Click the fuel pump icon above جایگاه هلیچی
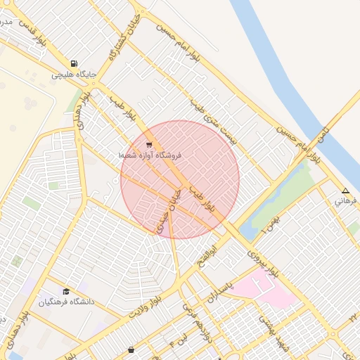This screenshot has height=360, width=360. coord(74,63)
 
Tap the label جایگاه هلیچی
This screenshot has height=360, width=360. coord(73,74)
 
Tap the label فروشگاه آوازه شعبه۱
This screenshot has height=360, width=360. coord(149,155)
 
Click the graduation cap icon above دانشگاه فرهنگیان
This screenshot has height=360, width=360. coord(66,291)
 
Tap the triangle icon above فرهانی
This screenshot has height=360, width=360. coord(345,191)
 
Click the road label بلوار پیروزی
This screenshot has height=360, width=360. coord(264,260)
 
